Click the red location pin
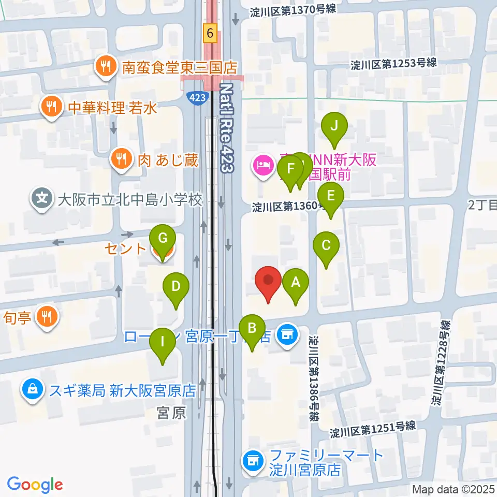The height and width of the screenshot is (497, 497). pyautogui.click(x=269, y=282)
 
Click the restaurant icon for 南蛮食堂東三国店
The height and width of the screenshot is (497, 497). pyautogui.click(x=105, y=66)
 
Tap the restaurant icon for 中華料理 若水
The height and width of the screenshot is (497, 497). pyautogui.click(x=51, y=107)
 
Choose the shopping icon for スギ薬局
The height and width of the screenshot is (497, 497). pyautogui.click(x=32, y=389)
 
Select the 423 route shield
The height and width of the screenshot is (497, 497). pyautogui.click(x=198, y=97)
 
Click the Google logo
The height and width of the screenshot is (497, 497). pyautogui.click(x=35, y=485)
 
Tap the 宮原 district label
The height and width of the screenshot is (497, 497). pyautogui.click(x=171, y=413)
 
